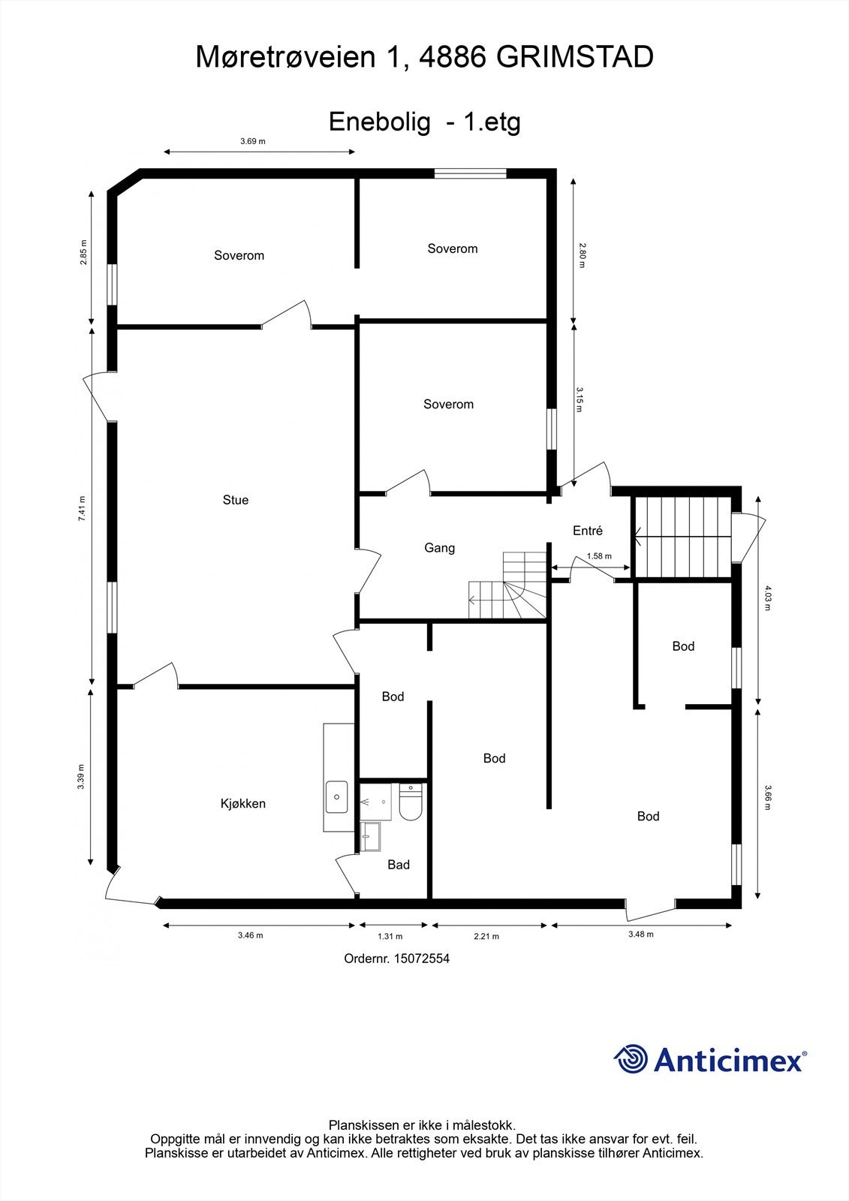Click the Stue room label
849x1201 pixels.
tap(235, 500)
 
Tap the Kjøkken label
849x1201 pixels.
tap(242, 803)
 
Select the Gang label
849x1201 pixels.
tap(439, 548)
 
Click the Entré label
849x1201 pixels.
tap(587, 531)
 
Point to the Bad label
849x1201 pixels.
tap(398, 865)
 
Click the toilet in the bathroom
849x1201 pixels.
tap(411, 803)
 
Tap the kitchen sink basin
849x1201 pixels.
tap(336, 796)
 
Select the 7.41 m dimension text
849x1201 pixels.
tap(82, 508)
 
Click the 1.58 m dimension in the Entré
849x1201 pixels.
tap(598, 556)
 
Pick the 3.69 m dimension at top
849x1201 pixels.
tap(252, 141)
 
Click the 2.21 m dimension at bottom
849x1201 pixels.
tap(486, 936)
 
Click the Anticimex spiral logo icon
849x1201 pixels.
tap(631, 1059)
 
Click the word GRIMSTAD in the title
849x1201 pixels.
tap(575, 58)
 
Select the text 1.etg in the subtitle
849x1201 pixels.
tap(492, 122)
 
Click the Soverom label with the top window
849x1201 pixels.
tap(452, 248)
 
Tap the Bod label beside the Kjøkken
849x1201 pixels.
tap(393, 697)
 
